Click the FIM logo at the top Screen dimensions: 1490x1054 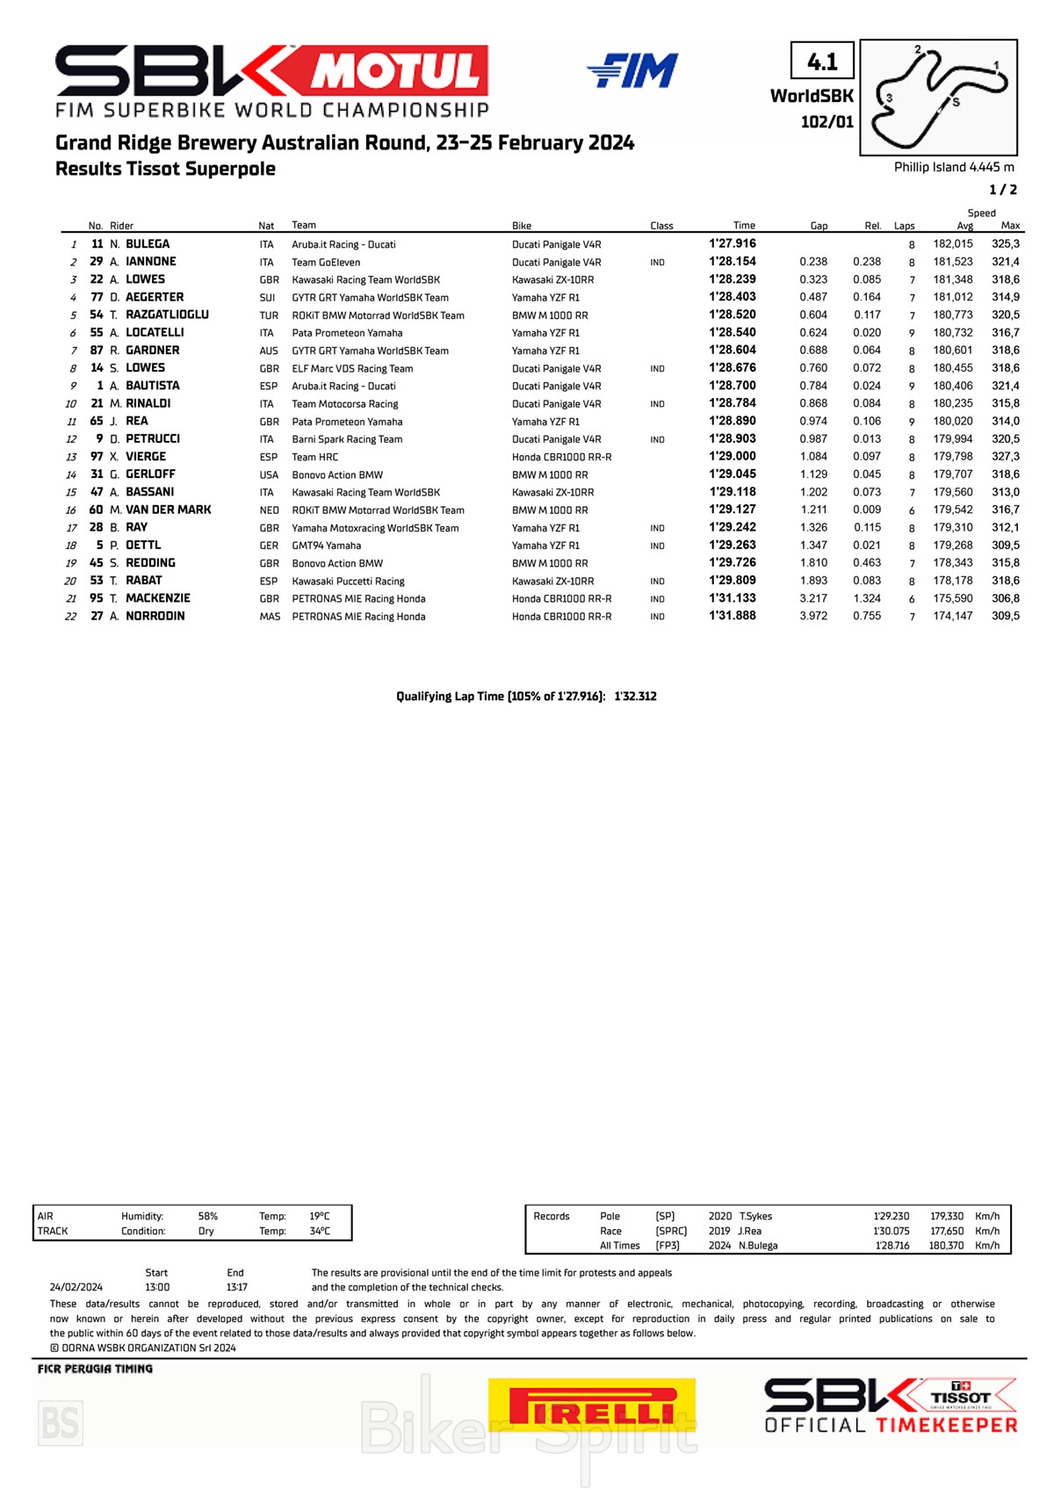[632, 70]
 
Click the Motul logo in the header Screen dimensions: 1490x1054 [397, 71]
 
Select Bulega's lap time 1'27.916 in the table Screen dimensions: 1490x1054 [733, 244]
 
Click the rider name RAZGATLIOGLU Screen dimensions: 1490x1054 [167, 315]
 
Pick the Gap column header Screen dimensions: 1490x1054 [819, 226]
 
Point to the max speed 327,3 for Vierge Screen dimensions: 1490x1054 [1006, 457]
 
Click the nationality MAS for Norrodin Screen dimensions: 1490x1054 [270, 617]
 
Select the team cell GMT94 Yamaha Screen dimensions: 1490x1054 [326, 546]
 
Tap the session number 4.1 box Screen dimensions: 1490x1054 [822, 61]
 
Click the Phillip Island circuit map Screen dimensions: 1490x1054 [938, 98]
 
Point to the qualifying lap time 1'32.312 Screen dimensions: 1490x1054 [635, 697]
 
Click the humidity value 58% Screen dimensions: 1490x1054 [208, 1217]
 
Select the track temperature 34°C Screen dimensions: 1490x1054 [320, 1232]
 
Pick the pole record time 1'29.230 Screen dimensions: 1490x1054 [892, 1217]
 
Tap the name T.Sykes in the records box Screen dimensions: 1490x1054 [755, 1217]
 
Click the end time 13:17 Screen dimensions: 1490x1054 [236, 1287]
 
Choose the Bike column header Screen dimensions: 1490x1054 [522, 226]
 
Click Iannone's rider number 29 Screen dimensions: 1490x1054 [97, 262]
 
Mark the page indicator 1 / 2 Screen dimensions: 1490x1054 [1003, 190]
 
